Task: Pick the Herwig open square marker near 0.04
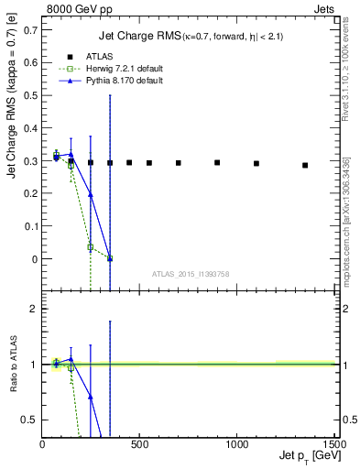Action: pos(91,247)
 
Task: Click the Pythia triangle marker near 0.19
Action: pos(91,195)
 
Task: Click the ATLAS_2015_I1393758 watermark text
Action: pos(191,274)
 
